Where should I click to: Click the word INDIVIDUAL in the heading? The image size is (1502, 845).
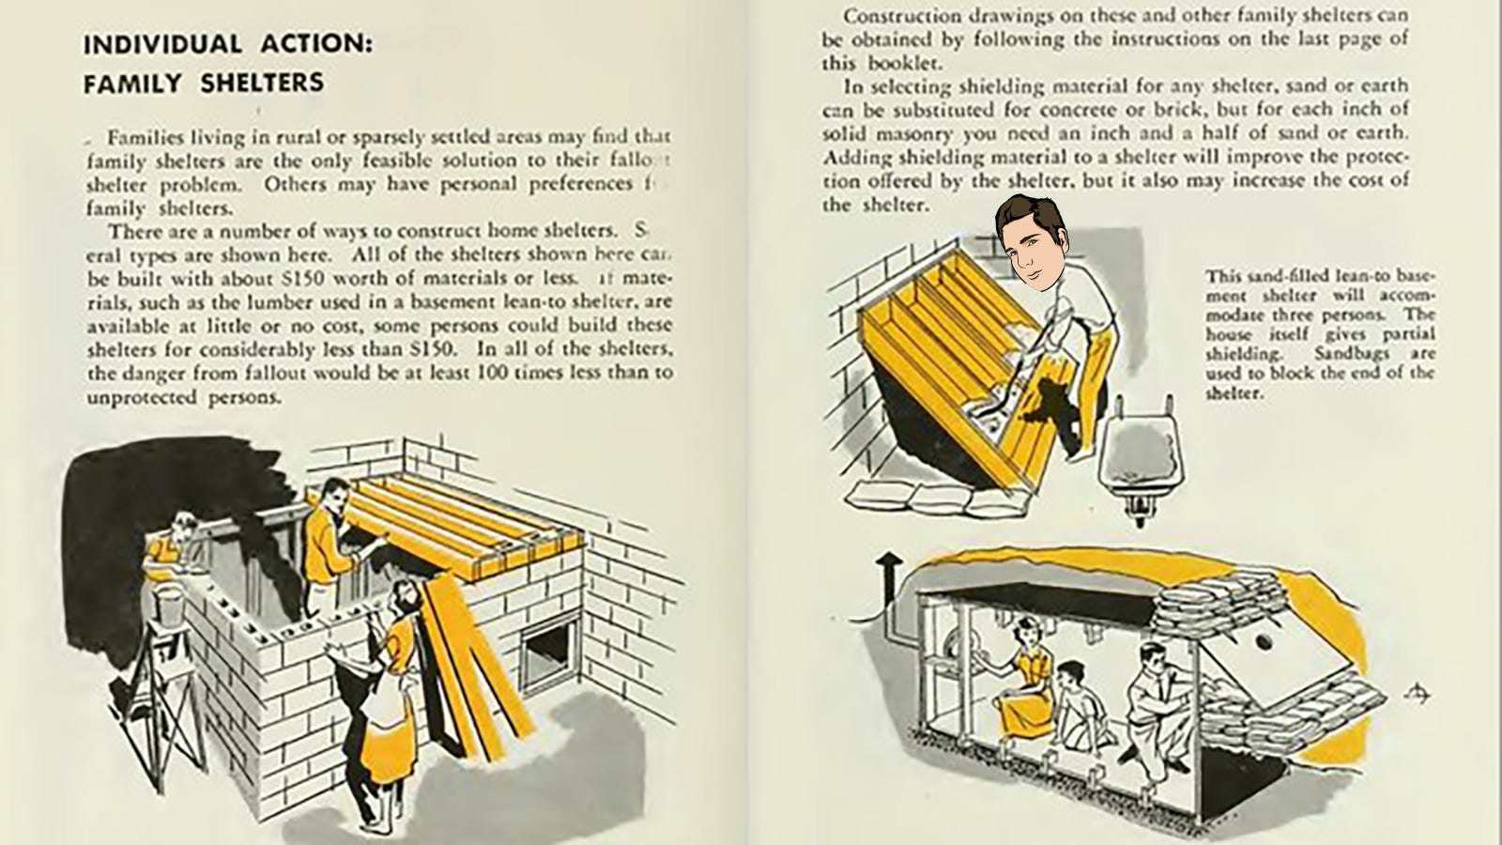pyautogui.click(x=161, y=44)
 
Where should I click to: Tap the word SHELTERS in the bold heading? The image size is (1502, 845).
pyautogui.click(x=262, y=83)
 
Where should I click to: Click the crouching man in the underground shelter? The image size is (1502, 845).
pyautogui.click(x=1151, y=704)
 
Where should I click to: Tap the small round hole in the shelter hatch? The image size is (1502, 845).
pyautogui.click(x=1264, y=642)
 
